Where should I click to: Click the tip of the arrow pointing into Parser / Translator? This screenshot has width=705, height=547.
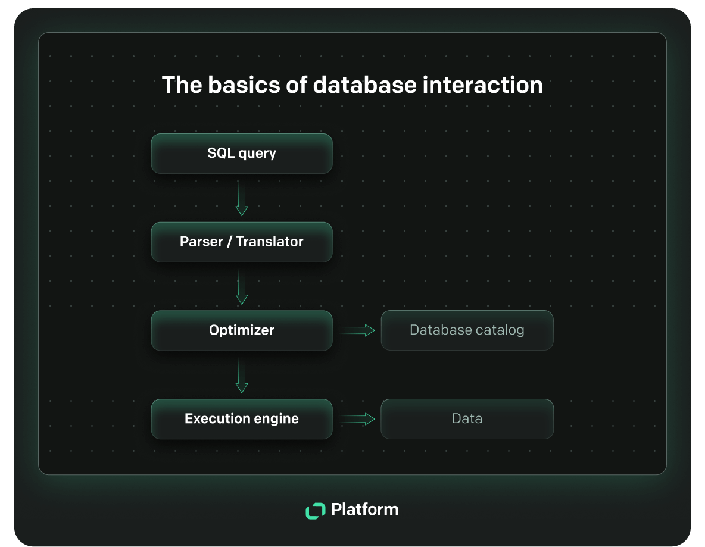(x=242, y=215)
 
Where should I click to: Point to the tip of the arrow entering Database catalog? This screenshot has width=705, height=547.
(x=375, y=330)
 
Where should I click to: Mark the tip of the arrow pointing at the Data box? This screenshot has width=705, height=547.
(x=375, y=419)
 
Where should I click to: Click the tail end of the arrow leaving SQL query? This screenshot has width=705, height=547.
(x=242, y=181)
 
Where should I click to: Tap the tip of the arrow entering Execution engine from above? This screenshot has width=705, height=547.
(x=242, y=393)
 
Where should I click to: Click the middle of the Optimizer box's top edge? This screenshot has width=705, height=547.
(x=242, y=311)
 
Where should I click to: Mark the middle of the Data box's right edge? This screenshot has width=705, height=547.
(x=554, y=419)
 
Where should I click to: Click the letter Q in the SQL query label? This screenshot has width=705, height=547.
(x=221, y=154)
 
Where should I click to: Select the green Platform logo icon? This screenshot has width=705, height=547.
(x=315, y=511)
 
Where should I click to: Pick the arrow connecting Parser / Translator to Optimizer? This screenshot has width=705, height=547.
(x=242, y=287)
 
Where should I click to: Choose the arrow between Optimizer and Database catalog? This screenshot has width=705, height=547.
(x=357, y=330)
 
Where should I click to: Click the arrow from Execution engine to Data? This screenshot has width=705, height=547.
(x=357, y=419)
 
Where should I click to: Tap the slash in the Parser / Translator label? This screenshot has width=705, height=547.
(x=229, y=242)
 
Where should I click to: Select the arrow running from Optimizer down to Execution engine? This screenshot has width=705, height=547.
(x=242, y=376)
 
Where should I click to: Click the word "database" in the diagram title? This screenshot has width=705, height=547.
(x=364, y=85)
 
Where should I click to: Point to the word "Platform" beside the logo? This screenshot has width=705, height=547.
(x=364, y=510)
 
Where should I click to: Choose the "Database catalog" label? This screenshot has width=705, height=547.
(x=467, y=330)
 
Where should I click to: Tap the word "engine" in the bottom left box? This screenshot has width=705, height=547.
(x=276, y=419)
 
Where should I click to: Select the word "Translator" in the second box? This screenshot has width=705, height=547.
(x=270, y=242)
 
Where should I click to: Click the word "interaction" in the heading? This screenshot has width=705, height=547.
(x=482, y=85)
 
